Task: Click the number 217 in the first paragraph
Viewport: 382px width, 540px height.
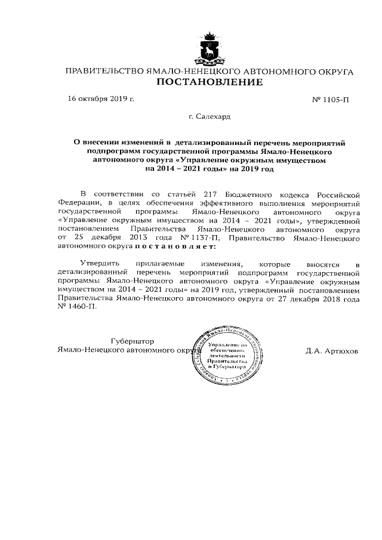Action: pos(208,194)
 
